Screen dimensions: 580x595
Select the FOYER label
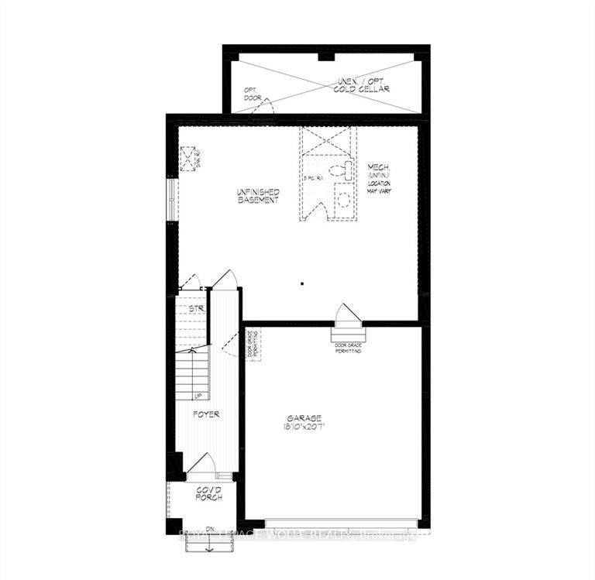click(x=207, y=414)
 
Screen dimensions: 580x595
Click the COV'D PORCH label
click(x=208, y=493)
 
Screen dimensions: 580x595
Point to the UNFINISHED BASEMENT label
click(x=258, y=196)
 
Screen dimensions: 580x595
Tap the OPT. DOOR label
click(x=253, y=94)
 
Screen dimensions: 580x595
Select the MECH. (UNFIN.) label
click(x=380, y=172)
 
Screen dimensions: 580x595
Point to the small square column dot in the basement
click(x=304, y=283)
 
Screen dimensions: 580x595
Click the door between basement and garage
click(x=346, y=316)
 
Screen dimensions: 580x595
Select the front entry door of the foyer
click(x=204, y=465)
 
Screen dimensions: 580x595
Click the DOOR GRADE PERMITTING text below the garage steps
click(x=346, y=348)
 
